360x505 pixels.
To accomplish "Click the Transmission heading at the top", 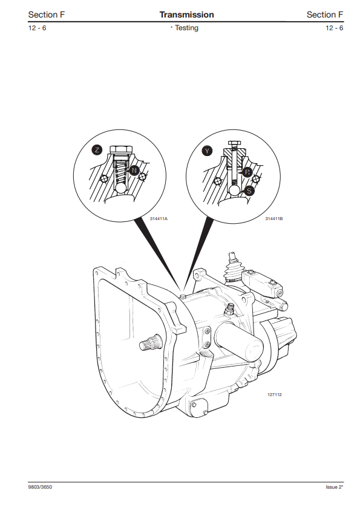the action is click(x=186, y=15).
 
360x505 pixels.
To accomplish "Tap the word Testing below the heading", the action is click(x=186, y=28).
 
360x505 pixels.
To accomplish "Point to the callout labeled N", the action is click(x=134, y=171).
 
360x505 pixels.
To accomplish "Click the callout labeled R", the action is click(x=247, y=172).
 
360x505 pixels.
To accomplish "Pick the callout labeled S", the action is click(x=249, y=191).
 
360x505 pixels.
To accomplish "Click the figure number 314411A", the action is click(x=159, y=219).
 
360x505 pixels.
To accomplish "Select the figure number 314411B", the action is click(x=274, y=219).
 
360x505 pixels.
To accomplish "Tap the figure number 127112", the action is click(x=275, y=394).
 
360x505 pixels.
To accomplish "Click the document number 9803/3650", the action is click(x=40, y=487).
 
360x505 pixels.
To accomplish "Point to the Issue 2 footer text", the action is click(x=334, y=487).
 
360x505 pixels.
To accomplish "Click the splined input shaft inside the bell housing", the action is click(x=151, y=342).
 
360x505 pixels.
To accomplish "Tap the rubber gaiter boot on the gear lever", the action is click(x=234, y=272).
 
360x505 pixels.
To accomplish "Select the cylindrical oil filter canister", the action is click(x=239, y=341).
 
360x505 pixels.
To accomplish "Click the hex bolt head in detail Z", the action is click(x=121, y=150).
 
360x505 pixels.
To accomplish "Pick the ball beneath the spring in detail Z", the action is click(x=122, y=188).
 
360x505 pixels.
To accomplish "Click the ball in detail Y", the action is click(x=234, y=190).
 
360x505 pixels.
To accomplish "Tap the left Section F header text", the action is click(x=47, y=15).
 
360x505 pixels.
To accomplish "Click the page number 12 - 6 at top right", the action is click(x=334, y=28).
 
